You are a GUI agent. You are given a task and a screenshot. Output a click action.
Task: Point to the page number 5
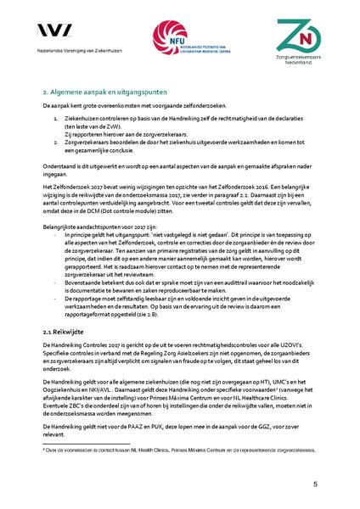314,484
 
